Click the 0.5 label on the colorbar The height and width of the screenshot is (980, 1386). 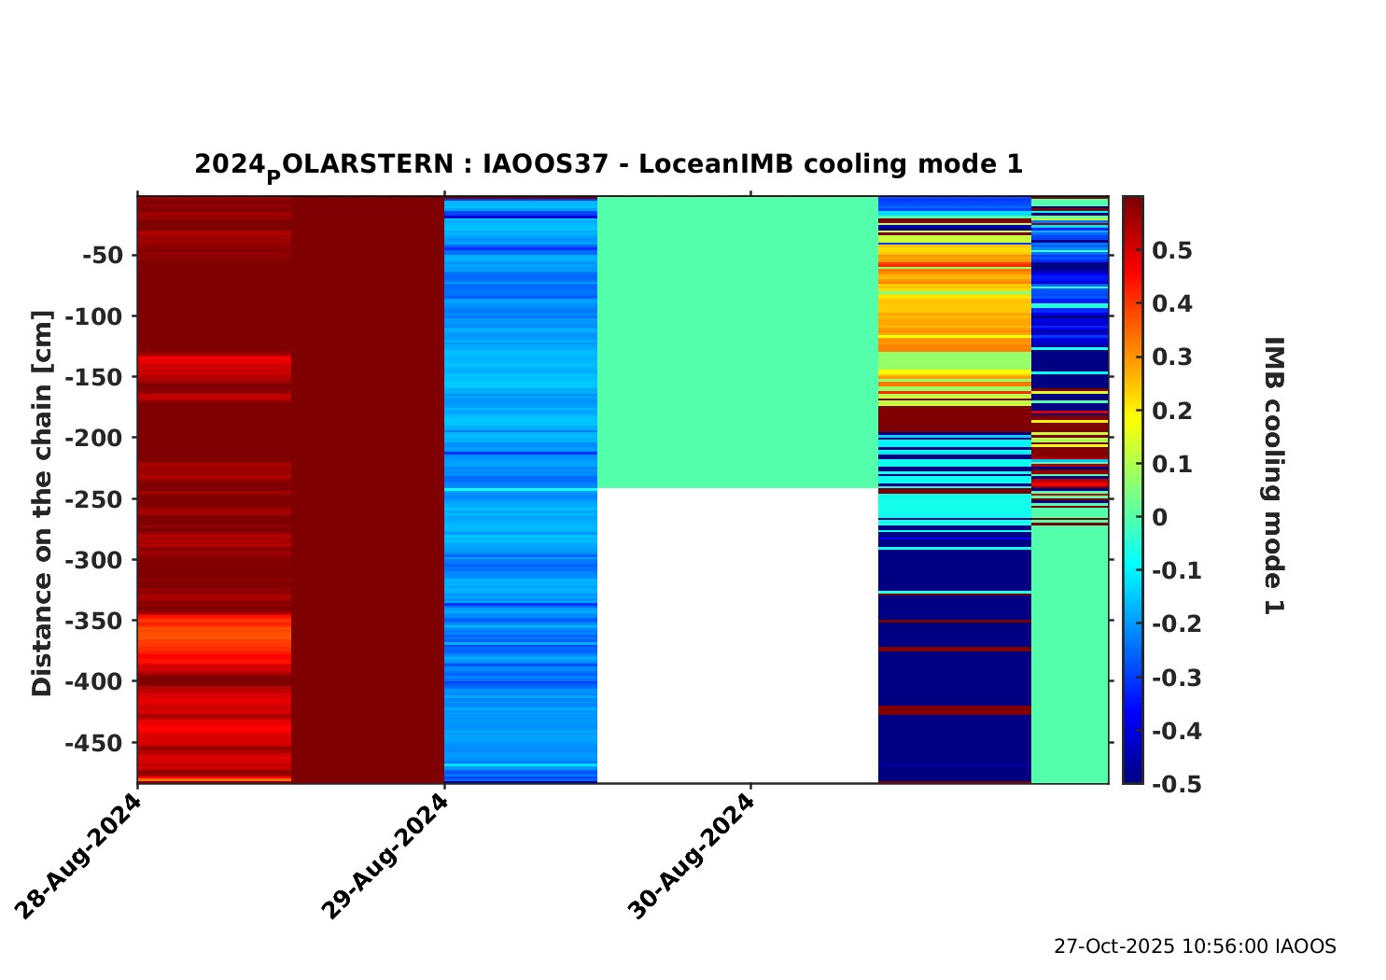point(1172,250)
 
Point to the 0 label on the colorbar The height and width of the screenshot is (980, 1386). point(1160,517)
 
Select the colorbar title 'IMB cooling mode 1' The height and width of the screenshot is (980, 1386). point(1273,476)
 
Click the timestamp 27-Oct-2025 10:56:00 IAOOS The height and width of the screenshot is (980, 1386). point(1195,946)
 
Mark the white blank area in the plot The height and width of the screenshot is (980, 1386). point(737,635)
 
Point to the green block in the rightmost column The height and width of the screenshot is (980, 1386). point(1070,653)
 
